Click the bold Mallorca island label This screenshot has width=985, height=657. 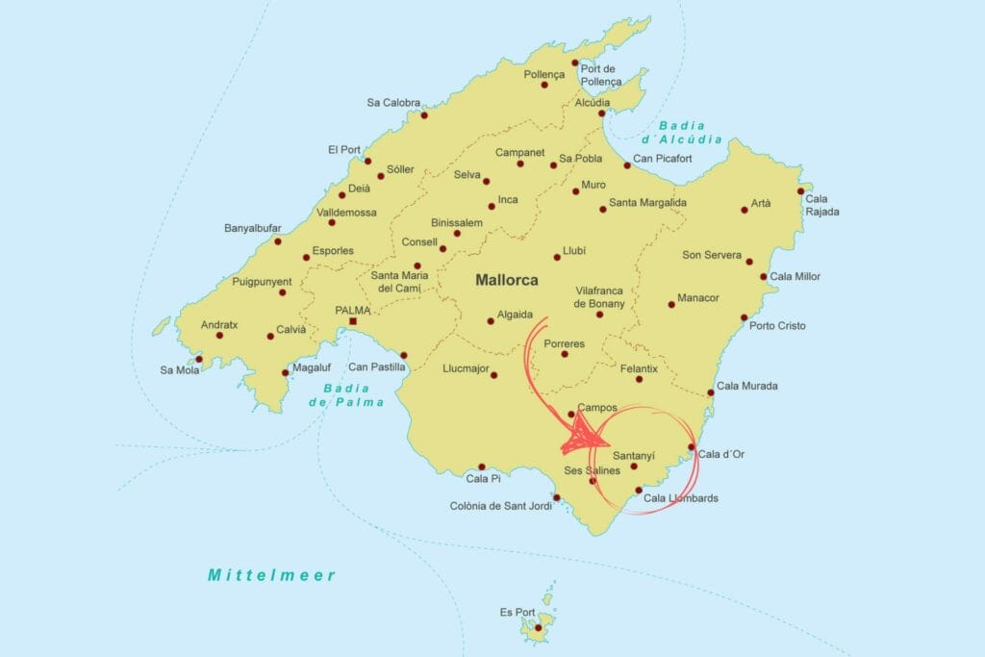(507, 281)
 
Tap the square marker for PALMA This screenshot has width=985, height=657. (352, 321)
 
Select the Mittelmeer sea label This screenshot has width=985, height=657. (272, 575)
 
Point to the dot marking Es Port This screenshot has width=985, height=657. (539, 629)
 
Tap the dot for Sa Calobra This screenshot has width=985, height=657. (424, 115)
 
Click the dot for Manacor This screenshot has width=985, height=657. (671, 305)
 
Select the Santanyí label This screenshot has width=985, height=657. (633, 455)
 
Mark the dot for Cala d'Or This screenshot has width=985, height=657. (692, 447)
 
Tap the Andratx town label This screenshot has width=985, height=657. (219, 325)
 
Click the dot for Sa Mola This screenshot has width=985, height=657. (199, 359)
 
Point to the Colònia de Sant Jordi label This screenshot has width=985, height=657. (500, 506)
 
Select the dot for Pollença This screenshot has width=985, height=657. (544, 85)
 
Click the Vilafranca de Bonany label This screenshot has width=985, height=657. (599, 296)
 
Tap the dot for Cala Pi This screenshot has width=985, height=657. (482, 467)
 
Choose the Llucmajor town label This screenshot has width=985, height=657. (467, 368)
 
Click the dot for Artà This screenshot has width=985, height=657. (744, 210)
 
